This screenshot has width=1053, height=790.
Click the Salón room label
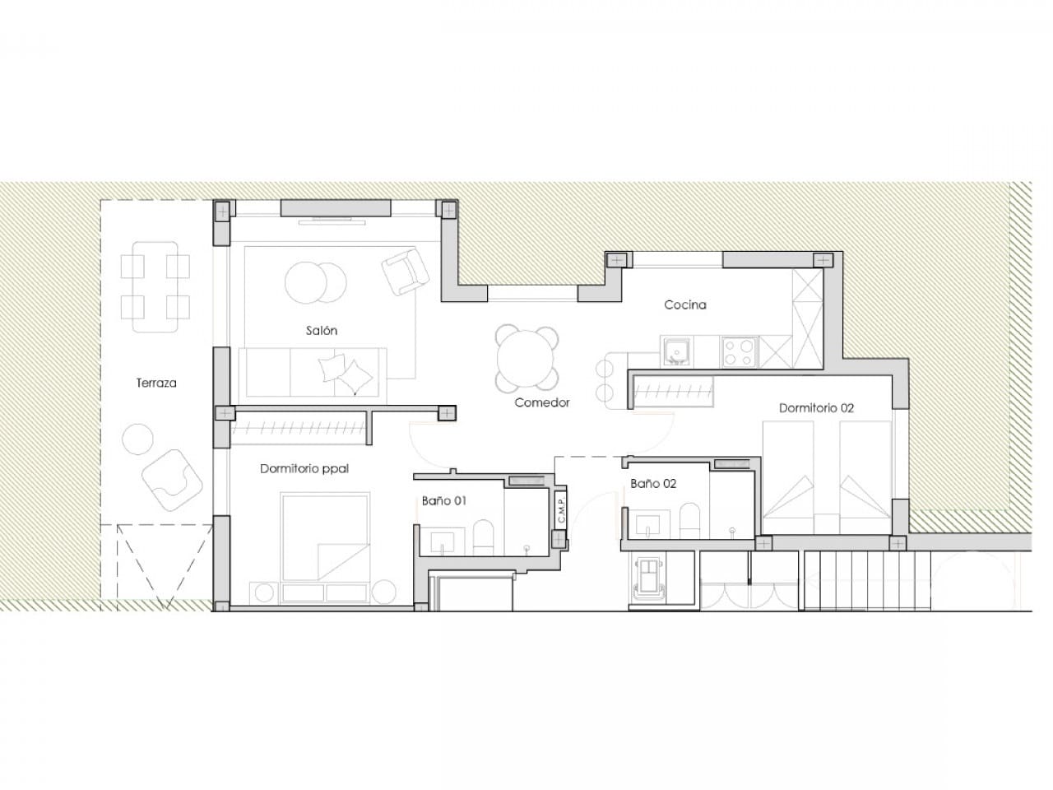321,331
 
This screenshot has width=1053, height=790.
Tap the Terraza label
156,383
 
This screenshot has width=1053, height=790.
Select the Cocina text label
685,305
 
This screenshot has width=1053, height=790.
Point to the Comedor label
542,402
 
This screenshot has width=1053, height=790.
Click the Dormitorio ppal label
304,469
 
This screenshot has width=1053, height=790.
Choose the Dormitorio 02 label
817,408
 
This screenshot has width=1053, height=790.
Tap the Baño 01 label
444,500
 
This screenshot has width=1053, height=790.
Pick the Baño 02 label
653,484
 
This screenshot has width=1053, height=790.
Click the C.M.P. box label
560,511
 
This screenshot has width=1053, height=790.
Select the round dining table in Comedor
527,359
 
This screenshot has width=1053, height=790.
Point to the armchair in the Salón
405,272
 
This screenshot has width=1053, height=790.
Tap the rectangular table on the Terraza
155,286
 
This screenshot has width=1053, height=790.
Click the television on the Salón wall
333,220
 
